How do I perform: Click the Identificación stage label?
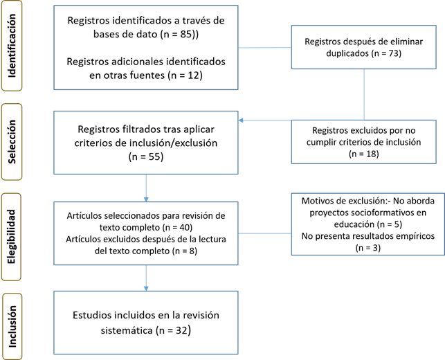click(x=12, y=46)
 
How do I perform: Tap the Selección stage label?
click(x=12, y=142)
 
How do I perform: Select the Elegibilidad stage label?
click(x=11, y=237)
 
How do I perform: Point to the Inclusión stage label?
click(x=12, y=327)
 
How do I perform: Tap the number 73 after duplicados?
click(x=393, y=53)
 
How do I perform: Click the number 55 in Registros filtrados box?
click(x=154, y=156)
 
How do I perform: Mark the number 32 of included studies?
click(x=181, y=330)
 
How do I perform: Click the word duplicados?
click(x=347, y=53)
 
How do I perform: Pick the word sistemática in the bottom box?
click(x=126, y=330)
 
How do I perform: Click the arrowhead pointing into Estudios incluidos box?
click(x=146, y=289)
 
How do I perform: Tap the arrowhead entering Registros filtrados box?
click(x=241, y=120)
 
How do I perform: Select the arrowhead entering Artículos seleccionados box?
click(x=146, y=199)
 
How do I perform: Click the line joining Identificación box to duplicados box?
click(x=265, y=47)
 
